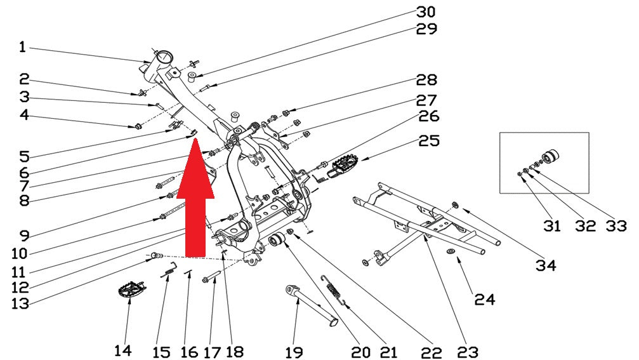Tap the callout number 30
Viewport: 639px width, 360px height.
point(426,12)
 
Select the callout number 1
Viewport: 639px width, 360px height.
point(22,47)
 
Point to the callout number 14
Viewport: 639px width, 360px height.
point(123,350)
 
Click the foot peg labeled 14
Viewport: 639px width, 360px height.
point(131,291)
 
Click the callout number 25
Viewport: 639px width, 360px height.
point(429,141)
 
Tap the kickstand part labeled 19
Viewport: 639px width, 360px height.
point(312,304)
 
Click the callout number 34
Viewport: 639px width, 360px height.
point(546,265)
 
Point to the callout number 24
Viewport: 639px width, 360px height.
point(484,300)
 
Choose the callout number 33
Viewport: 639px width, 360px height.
point(616,225)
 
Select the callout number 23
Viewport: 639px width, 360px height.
point(468,352)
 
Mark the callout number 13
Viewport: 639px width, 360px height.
point(20,303)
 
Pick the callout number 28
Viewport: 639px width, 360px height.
point(426,79)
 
